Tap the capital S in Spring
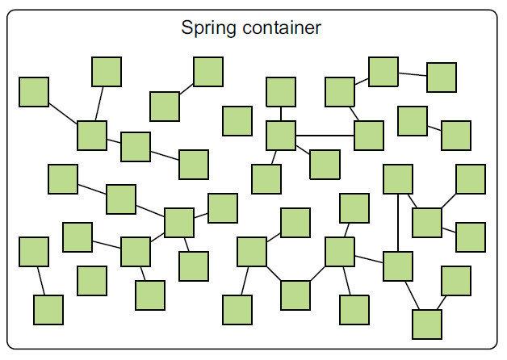pyautogui.click(x=187, y=28)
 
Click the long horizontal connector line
pyautogui.click(x=325, y=135)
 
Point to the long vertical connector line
pyautogui.click(x=398, y=222)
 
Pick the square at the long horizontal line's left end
pyautogui.click(x=281, y=135)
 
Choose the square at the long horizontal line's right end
pyautogui.click(x=369, y=135)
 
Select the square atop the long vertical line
pyautogui.click(x=398, y=178)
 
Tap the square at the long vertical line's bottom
pyautogui.click(x=398, y=266)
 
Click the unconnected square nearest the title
pyautogui.click(x=237, y=120)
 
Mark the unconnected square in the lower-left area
pyautogui.click(x=92, y=280)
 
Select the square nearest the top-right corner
pyautogui.click(x=442, y=77)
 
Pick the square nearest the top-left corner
pyautogui.click(x=34, y=91)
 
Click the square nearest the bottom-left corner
pyautogui.click(x=48, y=309)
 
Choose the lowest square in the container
pyautogui.click(x=427, y=324)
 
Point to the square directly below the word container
pyautogui.click(x=281, y=91)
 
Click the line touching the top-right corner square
pyautogui.click(x=413, y=74)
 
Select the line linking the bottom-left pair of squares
pyautogui.click(x=41, y=281)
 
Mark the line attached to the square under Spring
pyautogui.click(x=186, y=88)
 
